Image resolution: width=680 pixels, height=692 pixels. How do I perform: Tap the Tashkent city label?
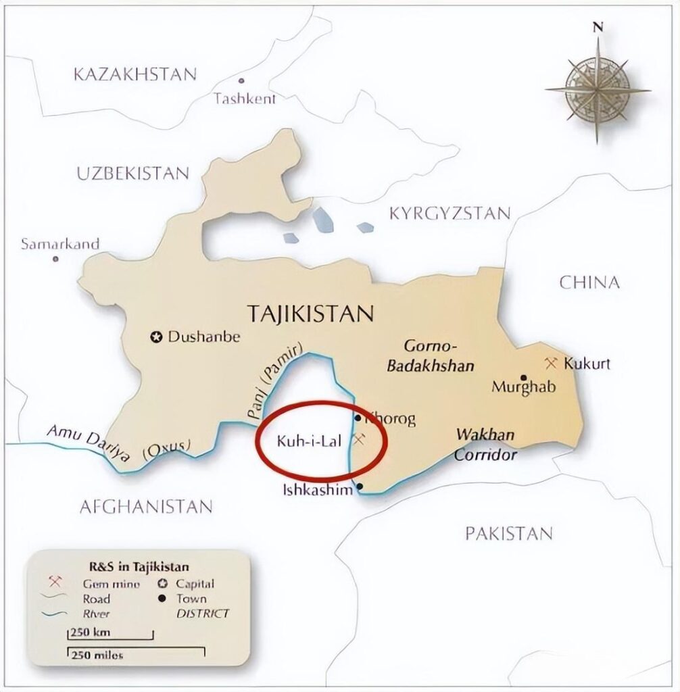[x=245, y=99]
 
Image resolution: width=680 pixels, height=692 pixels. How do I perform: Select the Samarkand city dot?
[x=55, y=259]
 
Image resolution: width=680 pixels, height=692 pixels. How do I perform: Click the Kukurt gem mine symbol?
[x=550, y=363]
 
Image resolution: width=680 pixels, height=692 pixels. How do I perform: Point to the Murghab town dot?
[x=523, y=377]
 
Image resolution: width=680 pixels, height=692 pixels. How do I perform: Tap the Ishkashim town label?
[x=317, y=490]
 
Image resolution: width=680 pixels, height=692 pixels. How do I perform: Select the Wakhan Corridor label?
[x=485, y=445]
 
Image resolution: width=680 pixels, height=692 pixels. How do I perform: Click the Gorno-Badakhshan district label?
[x=439, y=356]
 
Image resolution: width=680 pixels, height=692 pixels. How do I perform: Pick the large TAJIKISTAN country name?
[x=310, y=314]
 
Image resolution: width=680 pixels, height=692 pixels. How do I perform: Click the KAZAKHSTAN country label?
[x=135, y=74]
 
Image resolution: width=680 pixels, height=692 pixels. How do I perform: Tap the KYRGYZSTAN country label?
[x=450, y=214]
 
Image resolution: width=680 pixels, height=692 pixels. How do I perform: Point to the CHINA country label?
[x=589, y=282]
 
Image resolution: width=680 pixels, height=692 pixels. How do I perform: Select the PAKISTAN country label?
[x=508, y=533]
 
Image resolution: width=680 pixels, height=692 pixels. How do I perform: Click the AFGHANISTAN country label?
[x=146, y=506]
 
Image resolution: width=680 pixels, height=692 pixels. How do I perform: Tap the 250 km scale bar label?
[x=89, y=633]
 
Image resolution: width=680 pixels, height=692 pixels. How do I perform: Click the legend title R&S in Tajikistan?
[x=139, y=566]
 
